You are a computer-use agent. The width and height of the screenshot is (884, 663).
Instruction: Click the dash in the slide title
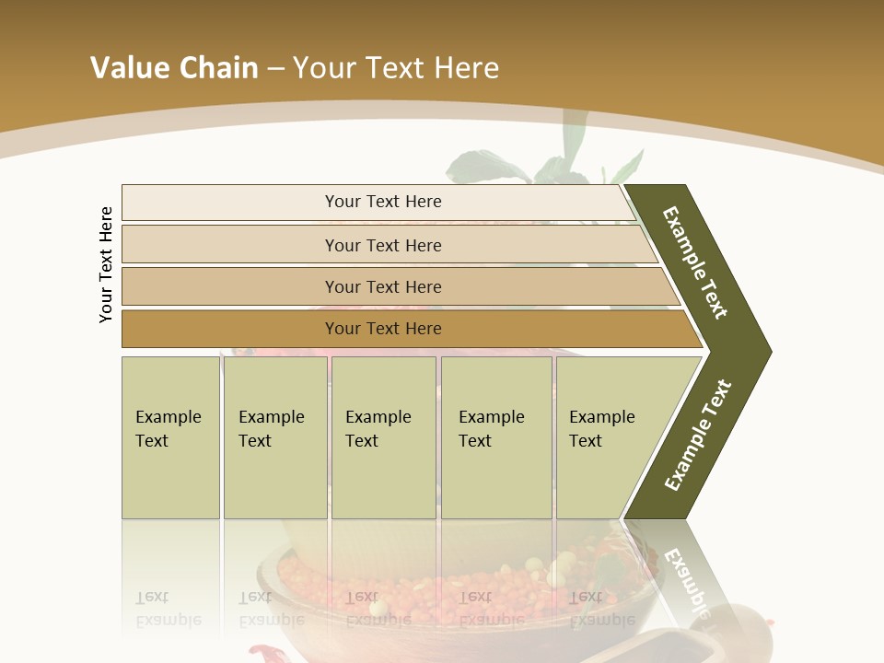(x=275, y=68)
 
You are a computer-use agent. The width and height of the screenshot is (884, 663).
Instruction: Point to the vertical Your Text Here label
(x=106, y=264)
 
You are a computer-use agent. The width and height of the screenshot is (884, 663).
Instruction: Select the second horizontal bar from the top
(x=383, y=245)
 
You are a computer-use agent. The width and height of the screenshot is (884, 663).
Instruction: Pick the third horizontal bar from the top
(x=383, y=286)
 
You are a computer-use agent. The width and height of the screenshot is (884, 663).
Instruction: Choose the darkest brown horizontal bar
(x=383, y=329)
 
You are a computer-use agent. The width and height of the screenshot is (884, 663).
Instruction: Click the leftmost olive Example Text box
(x=170, y=437)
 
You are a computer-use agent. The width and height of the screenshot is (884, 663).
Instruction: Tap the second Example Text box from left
(x=274, y=437)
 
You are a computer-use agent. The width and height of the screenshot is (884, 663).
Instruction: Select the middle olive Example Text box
(x=383, y=437)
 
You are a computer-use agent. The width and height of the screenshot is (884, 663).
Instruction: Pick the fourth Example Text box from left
(x=496, y=437)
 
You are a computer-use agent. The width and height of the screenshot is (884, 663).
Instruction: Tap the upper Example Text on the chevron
(x=695, y=262)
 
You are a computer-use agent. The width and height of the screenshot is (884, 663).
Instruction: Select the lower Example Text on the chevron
(x=698, y=435)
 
